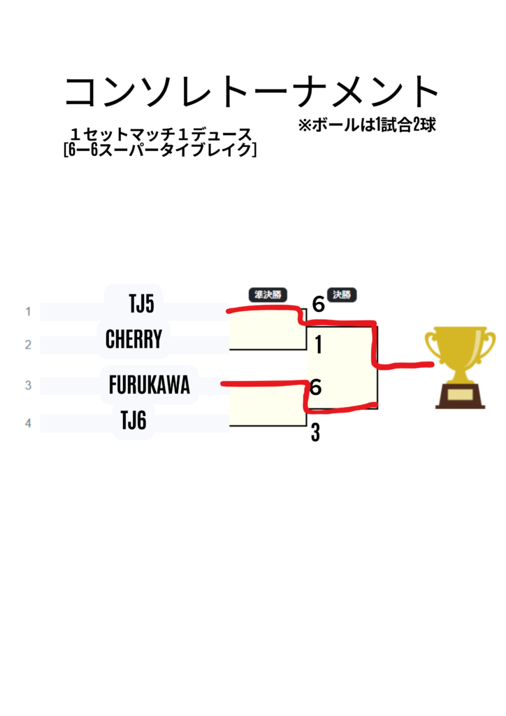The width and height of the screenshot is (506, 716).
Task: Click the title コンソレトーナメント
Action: tap(252, 92)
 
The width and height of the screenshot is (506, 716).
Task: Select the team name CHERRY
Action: tap(133, 340)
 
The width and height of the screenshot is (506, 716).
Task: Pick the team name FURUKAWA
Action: tap(150, 385)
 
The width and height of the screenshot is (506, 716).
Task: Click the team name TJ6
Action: tap(133, 421)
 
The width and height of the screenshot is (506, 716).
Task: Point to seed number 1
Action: tap(28, 311)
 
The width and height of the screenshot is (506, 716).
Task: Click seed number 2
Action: tap(28, 345)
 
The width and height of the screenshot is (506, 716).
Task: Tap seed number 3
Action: tap(28, 385)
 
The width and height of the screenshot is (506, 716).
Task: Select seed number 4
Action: tap(28, 422)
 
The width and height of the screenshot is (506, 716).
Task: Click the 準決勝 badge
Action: tap(268, 295)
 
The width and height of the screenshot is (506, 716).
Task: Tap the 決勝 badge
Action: tap(342, 295)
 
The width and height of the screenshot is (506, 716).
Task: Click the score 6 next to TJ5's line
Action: tap(319, 305)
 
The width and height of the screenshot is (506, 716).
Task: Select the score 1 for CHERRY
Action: tap(318, 345)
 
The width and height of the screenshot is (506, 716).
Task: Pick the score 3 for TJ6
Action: tap(316, 434)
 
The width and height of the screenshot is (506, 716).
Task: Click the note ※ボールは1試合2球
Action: tap(367, 126)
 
